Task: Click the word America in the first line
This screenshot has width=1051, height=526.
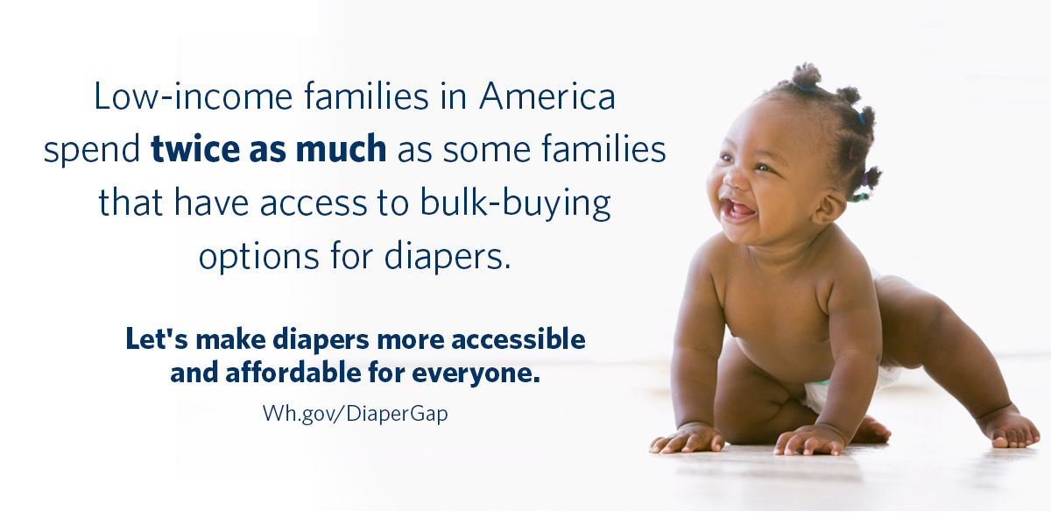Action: pyautogui.click(x=547, y=97)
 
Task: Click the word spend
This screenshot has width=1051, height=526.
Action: pyautogui.click(x=92, y=150)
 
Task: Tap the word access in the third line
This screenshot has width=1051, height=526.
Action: pyautogui.click(x=333, y=203)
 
